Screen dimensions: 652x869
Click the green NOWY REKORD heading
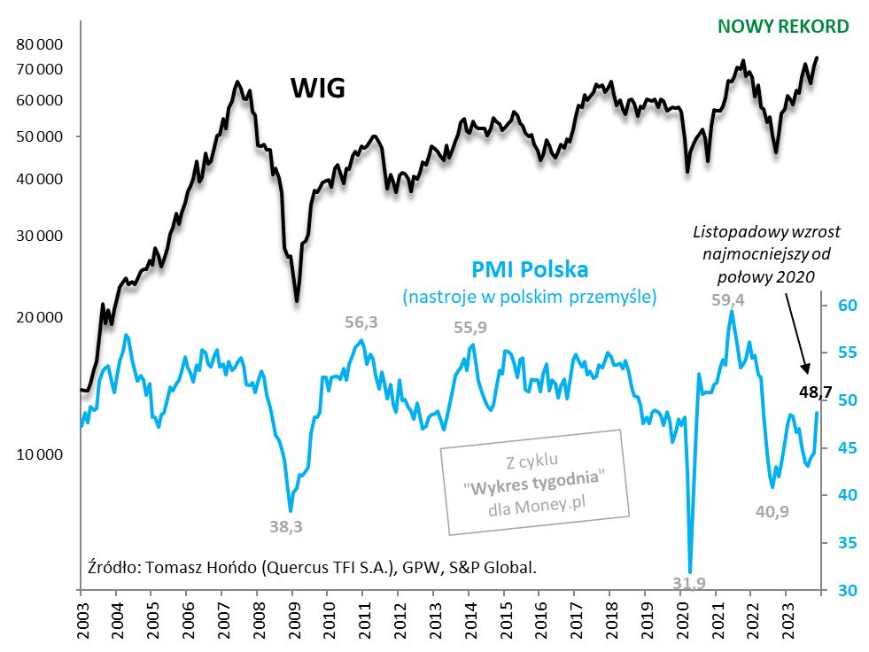(x=783, y=26)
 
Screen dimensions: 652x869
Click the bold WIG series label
(x=317, y=89)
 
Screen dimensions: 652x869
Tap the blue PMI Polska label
(x=530, y=268)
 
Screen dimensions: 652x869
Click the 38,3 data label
(x=285, y=525)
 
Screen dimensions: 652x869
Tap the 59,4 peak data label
(x=728, y=300)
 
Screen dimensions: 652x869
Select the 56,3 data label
(x=361, y=322)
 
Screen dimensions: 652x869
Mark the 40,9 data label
(x=776, y=510)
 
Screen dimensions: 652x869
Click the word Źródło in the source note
(x=111, y=567)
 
